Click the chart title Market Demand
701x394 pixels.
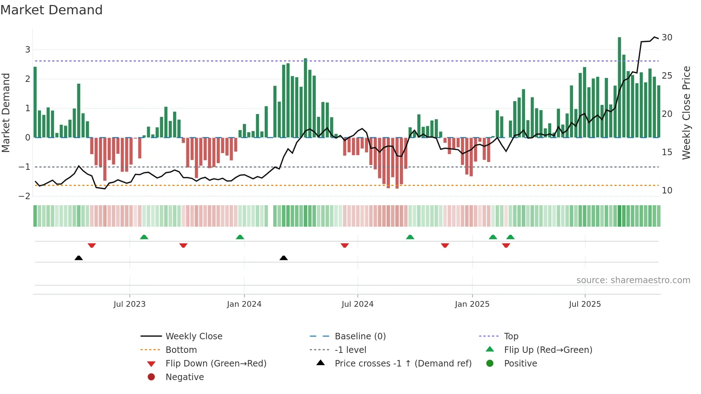point(52,10)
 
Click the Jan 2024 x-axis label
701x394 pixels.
point(244,304)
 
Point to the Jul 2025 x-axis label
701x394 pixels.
point(585,304)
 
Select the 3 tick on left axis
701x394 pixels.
point(28,50)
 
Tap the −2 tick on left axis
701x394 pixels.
point(25,196)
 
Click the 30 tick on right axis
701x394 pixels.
point(667,38)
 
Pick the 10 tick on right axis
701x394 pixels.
point(667,191)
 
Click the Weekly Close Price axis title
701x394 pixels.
point(686,113)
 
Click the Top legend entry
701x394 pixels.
point(511,336)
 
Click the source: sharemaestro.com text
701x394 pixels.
point(633,280)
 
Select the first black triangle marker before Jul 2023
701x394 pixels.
point(79,258)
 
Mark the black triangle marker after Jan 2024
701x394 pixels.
point(284,258)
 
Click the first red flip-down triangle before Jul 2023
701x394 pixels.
point(92,245)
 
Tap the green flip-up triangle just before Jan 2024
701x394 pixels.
point(240,237)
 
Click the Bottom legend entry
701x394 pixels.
point(181,350)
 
